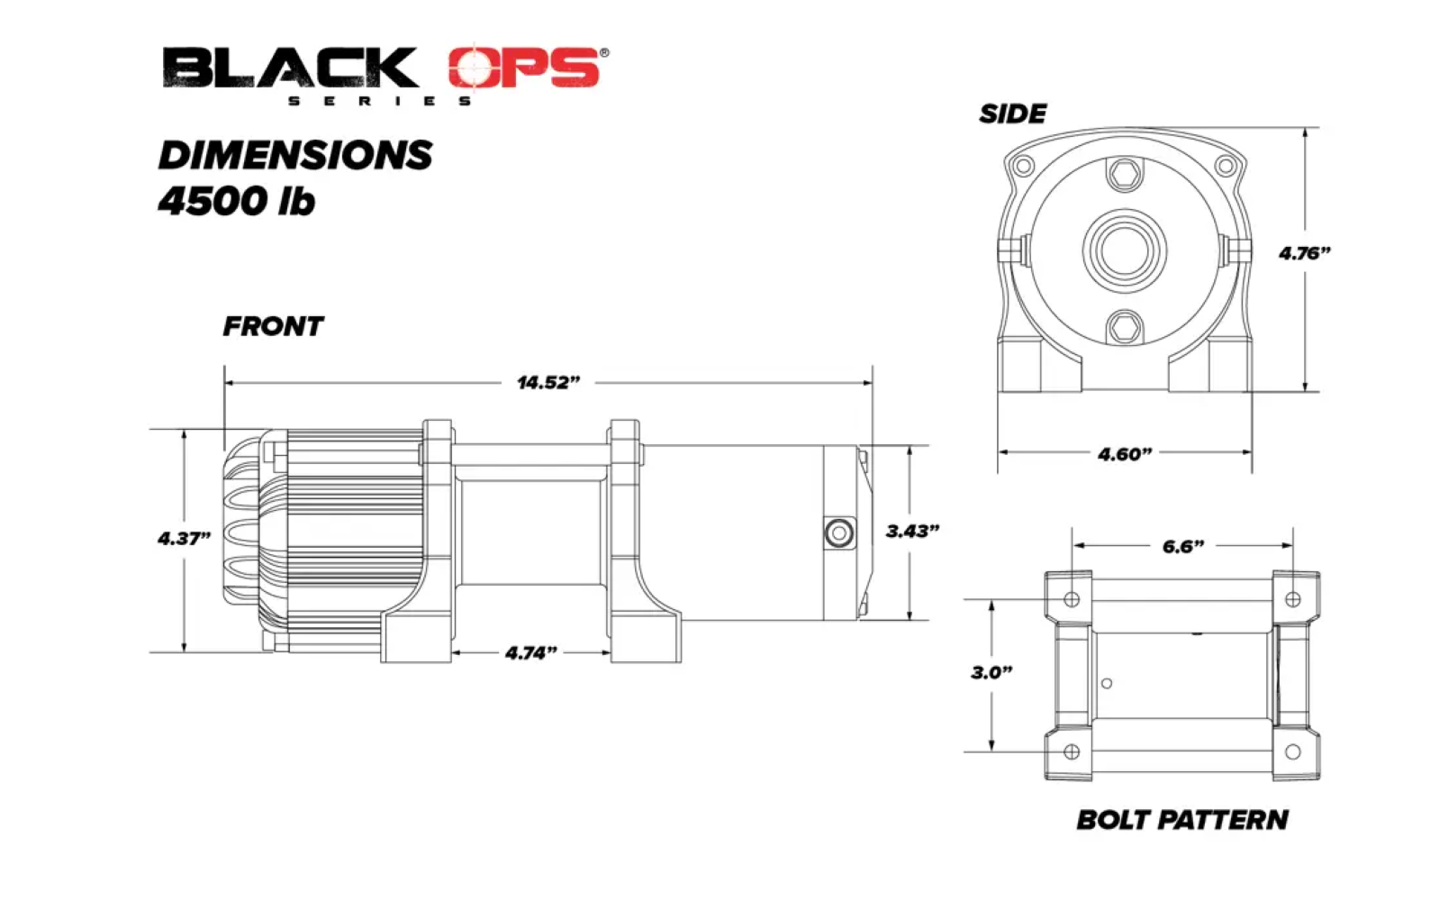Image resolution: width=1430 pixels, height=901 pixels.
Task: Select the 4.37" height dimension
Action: point(184,539)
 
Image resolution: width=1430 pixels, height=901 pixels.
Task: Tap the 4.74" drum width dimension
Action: point(530,653)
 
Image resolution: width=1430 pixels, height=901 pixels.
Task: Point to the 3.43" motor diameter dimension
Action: point(911,532)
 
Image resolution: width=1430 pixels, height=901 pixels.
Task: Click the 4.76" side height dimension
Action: point(1304,254)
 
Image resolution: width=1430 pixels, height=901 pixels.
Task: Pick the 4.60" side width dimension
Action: point(1124,454)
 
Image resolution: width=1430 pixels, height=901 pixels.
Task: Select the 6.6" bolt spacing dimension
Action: point(1182,547)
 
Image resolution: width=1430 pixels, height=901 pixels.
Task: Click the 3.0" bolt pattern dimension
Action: point(991,673)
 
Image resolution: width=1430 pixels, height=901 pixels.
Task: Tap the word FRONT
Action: point(273,326)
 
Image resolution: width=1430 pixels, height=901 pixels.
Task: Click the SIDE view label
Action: point(1012,114)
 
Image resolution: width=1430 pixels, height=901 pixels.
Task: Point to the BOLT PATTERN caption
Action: point(1181,820)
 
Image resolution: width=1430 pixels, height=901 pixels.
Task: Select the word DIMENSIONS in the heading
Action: point(295,155)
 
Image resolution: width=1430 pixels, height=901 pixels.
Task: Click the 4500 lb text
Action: point(237,201)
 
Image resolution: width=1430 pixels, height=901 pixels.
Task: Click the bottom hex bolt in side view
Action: point(1124,328)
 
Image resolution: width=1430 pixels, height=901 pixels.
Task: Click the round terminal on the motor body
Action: point(838,533)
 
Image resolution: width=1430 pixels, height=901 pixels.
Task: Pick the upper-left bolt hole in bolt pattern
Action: point(1072,599)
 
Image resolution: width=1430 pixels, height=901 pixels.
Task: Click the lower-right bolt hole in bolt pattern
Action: point(1292,751)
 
